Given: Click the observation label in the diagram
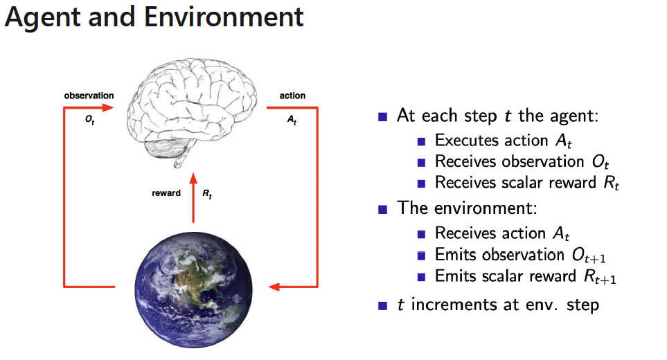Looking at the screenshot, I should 89,96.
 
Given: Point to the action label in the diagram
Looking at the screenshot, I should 292,96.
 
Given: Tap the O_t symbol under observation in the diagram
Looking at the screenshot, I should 89,119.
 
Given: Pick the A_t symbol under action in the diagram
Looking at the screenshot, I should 292,119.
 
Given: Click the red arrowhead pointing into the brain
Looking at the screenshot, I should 107,107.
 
